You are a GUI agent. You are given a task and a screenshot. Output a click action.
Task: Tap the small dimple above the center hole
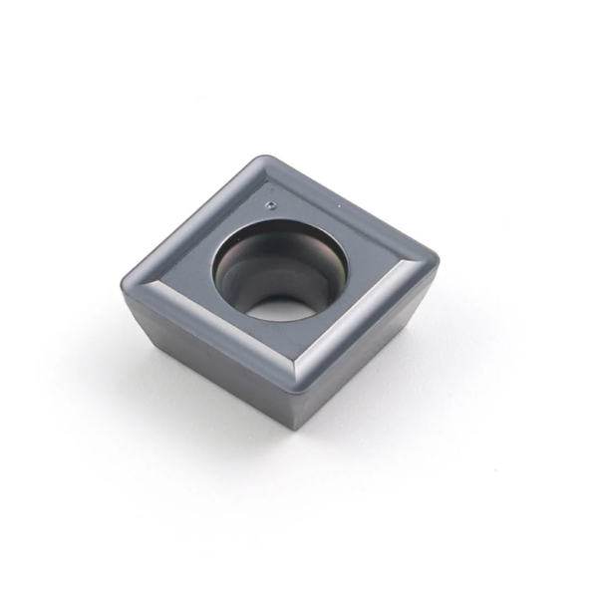pyautogui.click(x=271, y=204)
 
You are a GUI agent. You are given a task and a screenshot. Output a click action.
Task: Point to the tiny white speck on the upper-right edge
pyautogui.click(x=339, y=207)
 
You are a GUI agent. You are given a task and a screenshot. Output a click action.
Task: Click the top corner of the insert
pyautogui.click(x=261, y=160)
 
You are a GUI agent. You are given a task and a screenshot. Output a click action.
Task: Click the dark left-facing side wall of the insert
pyautogui.click(x=199, y=369)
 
